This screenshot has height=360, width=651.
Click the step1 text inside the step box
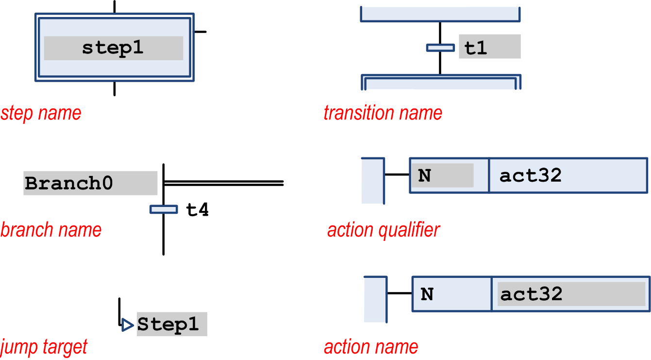point(113,49)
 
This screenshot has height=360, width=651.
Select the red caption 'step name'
point(41,113)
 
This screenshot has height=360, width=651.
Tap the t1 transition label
point(476,48)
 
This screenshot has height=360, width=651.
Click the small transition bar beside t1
point(440,48)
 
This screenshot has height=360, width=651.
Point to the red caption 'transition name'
point(383,113)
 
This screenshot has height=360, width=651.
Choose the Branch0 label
point(68,183)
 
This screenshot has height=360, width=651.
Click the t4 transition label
point(198,209)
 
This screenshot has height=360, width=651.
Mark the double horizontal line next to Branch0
point(224,183)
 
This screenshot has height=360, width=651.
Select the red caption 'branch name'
point(51,230)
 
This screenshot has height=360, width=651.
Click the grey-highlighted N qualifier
point(424,175)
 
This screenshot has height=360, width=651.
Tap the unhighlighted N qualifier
point(427,294)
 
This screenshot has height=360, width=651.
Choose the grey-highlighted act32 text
point(531,294)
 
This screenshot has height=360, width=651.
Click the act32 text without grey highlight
point(530,175)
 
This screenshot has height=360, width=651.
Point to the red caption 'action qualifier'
point(383,230)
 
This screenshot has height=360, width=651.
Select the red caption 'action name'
point(371,347)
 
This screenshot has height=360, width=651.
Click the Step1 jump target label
point(168,324)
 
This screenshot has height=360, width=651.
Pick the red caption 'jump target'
point(44,347)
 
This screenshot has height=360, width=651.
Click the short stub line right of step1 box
point(200,32)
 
